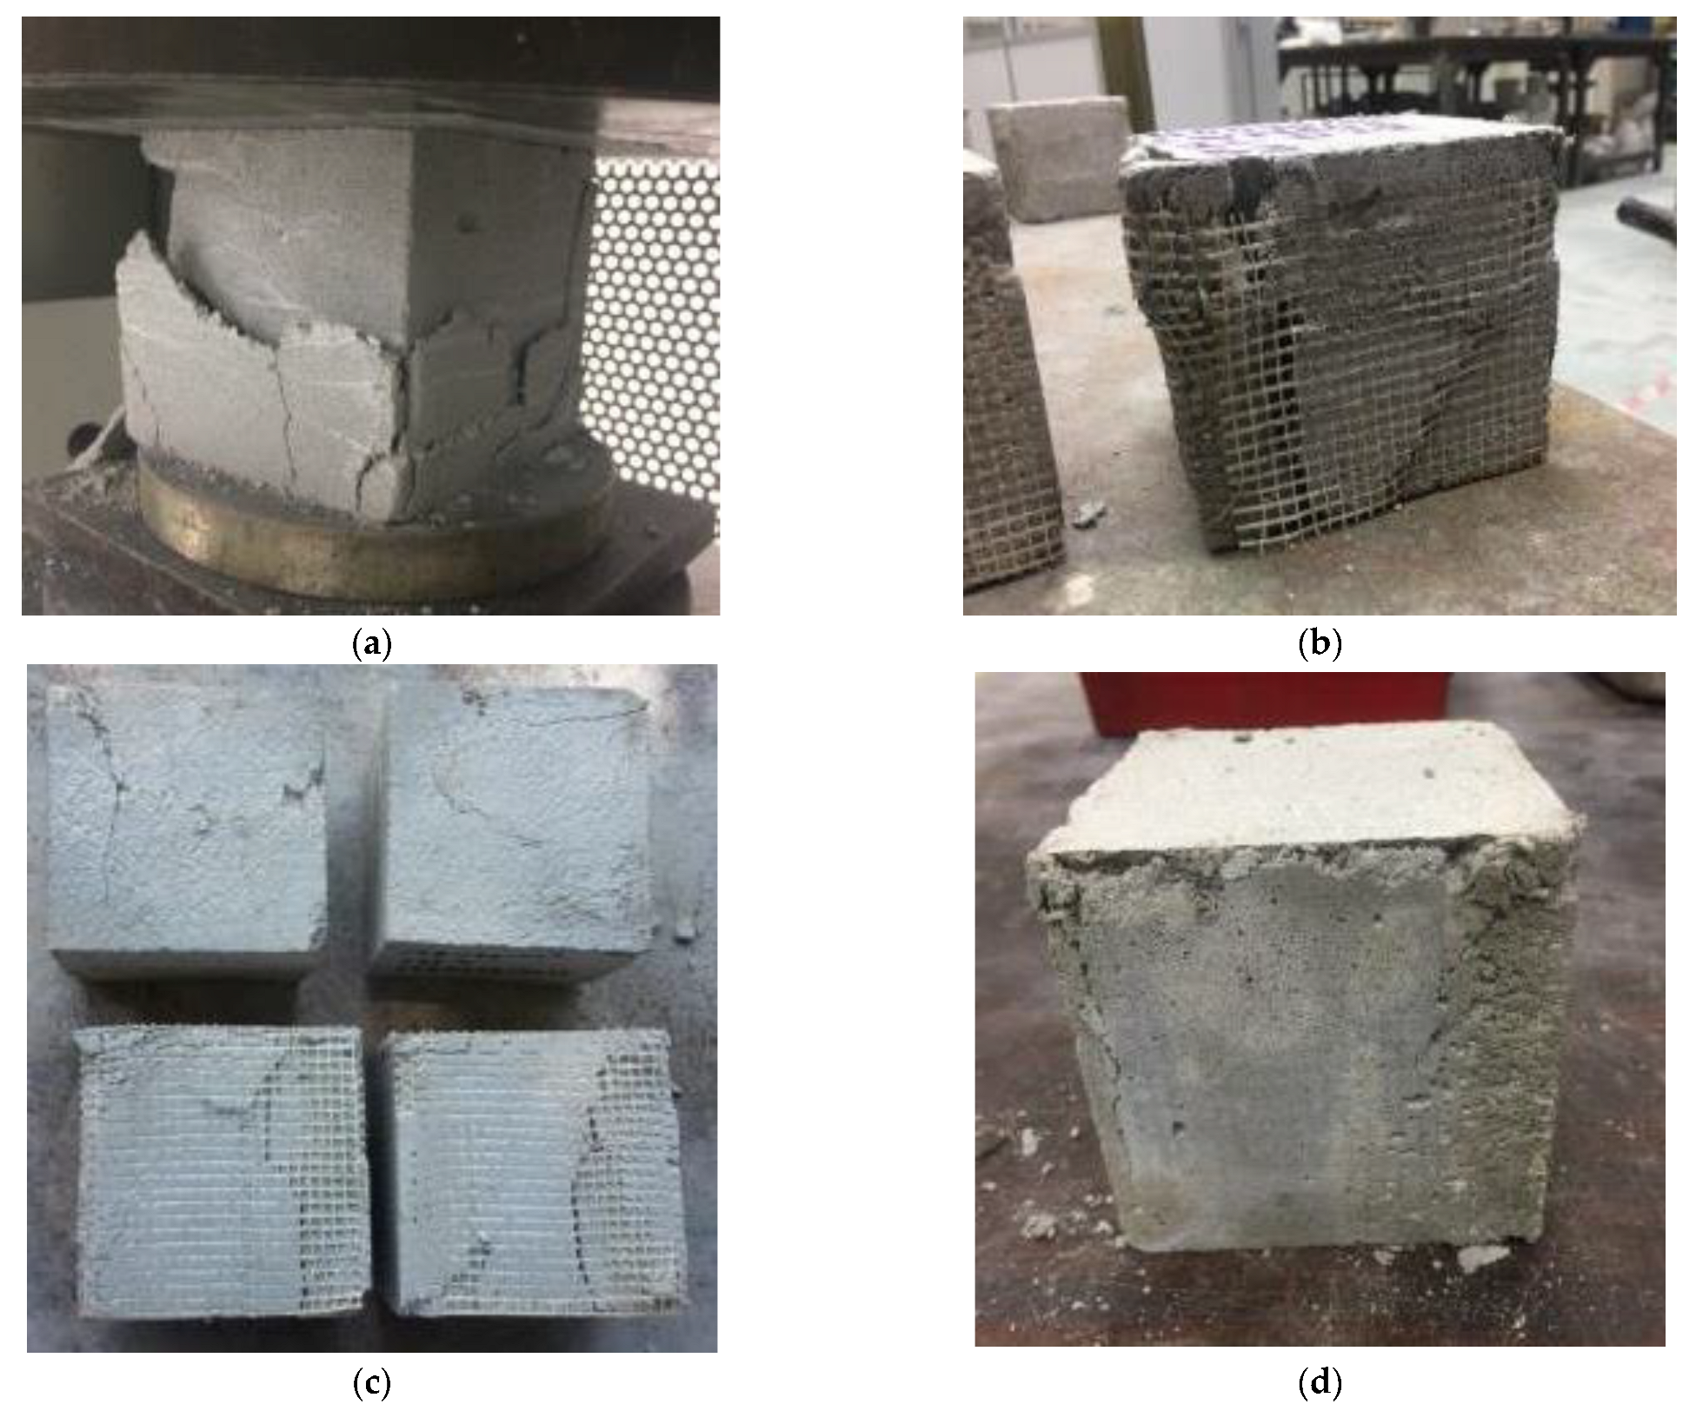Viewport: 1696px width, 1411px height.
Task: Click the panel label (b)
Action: click(x=1319, y=644)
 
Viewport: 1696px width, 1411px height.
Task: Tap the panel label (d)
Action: click(x=1319, y=1382)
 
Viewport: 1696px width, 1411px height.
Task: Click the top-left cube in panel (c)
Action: click(x=187, y=826)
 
